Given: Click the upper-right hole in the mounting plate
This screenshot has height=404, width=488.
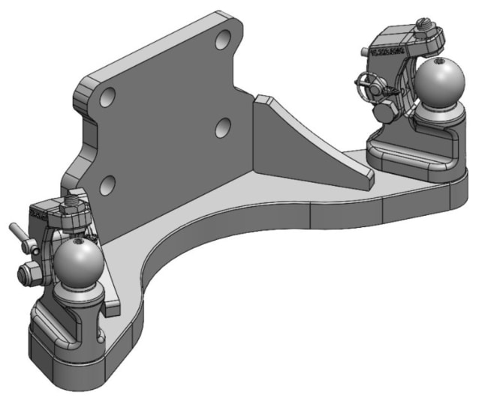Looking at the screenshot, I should (x=223, y=40).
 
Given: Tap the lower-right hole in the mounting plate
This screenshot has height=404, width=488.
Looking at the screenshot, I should (x=223, y=128).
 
